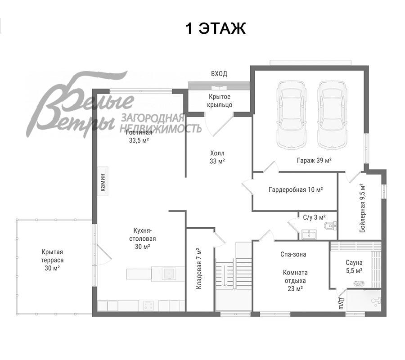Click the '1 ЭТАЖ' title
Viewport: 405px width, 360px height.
(x=216, y=28)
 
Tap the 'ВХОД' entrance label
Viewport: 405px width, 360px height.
(x=219, y=74)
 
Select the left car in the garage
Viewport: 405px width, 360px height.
(x=291, y=115)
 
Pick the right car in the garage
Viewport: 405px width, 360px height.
(x=332, y=115)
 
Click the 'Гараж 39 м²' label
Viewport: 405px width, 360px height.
(x=314, y=160)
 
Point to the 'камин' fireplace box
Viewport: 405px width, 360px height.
(x=103, y=181)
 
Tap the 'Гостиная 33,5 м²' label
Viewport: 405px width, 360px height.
(x=139, y=137)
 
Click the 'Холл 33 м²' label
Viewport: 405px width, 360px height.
(x=217, y=157)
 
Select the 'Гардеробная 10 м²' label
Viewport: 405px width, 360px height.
(x=296, y=190)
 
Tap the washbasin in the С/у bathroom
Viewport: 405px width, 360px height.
(x=309, y=234)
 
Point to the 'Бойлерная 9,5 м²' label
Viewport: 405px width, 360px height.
(x=362, y=208)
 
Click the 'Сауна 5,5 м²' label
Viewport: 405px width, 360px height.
(x=354, y=267)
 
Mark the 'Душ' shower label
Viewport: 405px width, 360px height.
(x=341, y=303)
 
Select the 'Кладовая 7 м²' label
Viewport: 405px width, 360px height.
(x=198, y=269)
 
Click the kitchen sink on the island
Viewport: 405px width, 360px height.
(x=169, y=274)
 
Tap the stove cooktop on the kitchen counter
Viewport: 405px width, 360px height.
(x=149, y=306)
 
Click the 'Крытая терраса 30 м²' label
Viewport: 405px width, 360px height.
(x=53, y=260)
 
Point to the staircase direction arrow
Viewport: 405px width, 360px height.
(x=225, y=275)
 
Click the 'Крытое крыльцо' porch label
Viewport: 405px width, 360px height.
(x=220, y=101)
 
